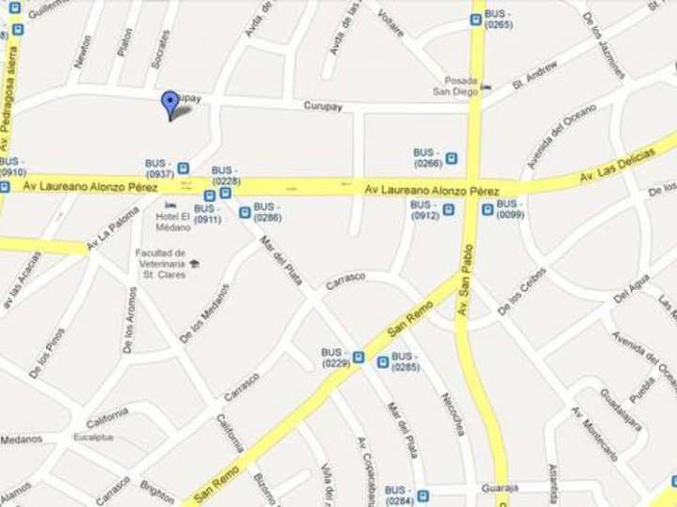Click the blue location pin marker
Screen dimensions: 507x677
(x=169, y=103)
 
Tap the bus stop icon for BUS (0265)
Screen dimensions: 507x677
(x=477, y=16)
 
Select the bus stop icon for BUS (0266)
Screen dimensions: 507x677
(x=452, y=158)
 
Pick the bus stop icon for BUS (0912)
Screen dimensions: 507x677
(x=449, y=210)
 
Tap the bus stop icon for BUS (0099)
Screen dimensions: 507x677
(x=486, y=209)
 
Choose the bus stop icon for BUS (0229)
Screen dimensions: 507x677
(x=358, y=357)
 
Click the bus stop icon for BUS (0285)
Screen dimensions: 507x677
(x=382, y=361)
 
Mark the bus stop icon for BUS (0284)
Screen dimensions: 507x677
(x=423, y=495)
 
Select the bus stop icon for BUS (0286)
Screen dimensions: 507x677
(x=244, y=212)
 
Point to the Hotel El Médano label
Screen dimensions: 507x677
(x=173, y=222)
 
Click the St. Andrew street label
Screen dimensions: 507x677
(x=535, y=76)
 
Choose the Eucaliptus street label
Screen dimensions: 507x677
(x=94, y=438)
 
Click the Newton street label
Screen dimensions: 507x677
(x=84, y=52)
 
